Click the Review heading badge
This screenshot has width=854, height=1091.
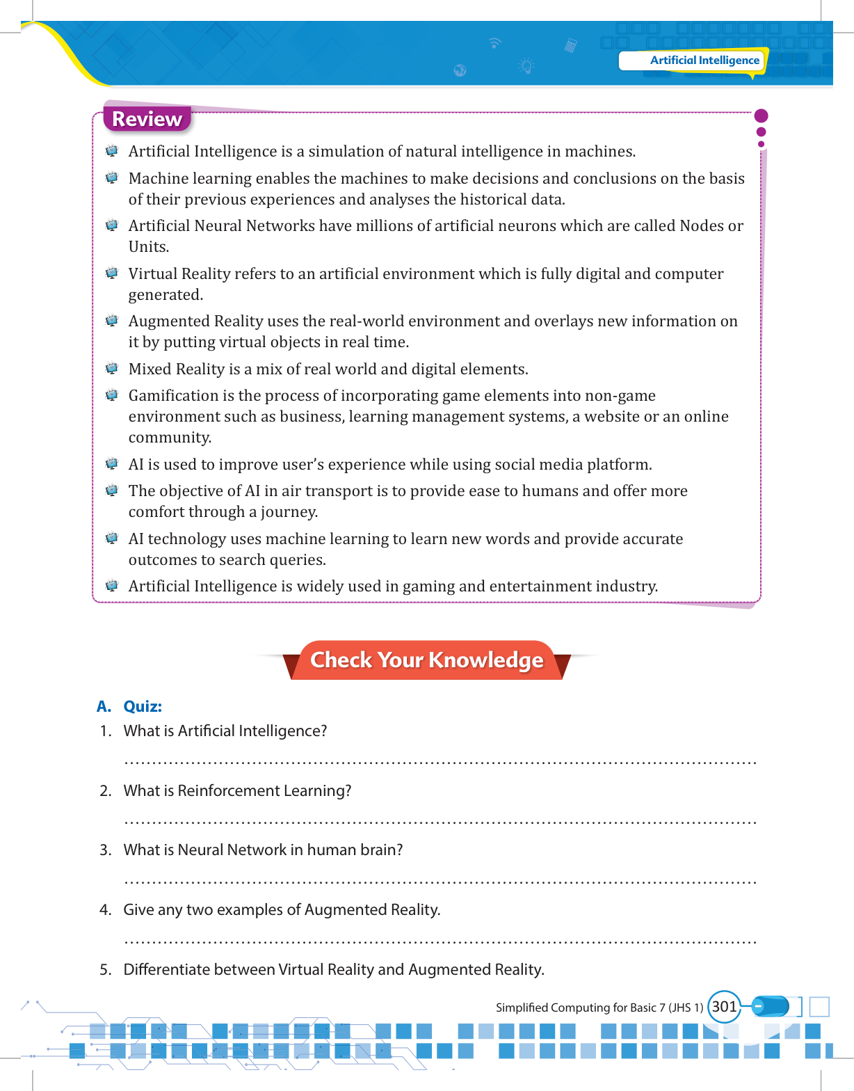(147, 119)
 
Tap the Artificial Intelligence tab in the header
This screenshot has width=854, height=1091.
(704, 61)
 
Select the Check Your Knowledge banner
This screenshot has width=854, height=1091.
(426, 660)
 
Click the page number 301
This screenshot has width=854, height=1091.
(724, 1006)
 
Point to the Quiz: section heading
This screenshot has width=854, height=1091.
(143, 706)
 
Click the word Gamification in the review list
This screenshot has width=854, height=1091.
(173, 396)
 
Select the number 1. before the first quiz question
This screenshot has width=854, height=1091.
(106, 731)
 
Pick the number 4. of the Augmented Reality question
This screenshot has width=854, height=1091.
(106, 910)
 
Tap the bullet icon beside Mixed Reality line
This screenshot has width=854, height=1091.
(112, 369)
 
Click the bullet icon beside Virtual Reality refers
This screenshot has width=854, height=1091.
(112, 273)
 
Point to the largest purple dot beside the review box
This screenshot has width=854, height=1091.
(761, 116)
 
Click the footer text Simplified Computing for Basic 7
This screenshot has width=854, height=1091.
(599, 1008)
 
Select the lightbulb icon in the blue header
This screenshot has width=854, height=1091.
(526, 67)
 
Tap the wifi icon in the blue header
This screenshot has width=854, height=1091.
(494, 43)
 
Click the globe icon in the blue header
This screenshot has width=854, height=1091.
(460, 70)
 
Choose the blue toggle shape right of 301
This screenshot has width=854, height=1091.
(771, 1006)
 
